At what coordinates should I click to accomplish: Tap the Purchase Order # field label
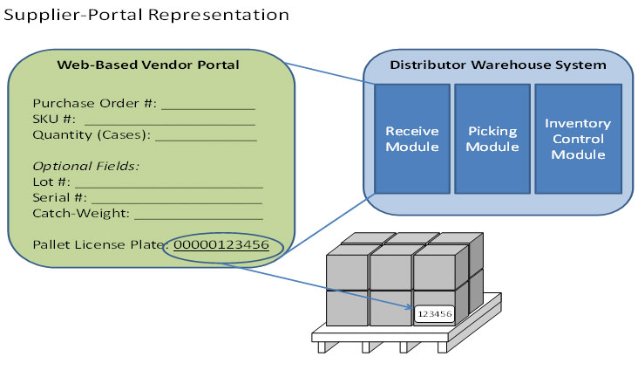(94, 103)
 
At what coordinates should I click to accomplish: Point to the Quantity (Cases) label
(92, 135)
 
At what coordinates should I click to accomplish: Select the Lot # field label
(51, 182)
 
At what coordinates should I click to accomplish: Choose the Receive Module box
(411, 139)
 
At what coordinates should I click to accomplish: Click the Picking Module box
(492, 139)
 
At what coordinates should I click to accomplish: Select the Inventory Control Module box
(577, 139)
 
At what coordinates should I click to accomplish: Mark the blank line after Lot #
(167, 185)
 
